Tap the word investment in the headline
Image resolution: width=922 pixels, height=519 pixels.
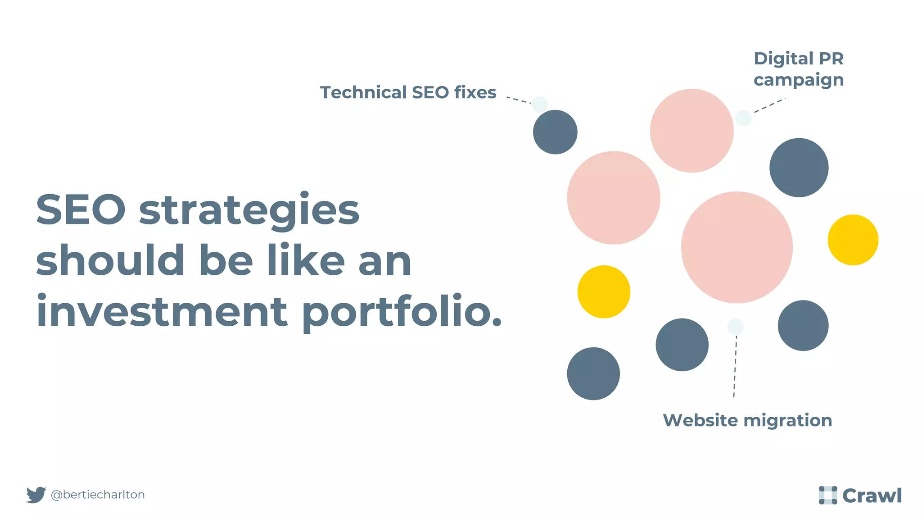tap(162, 312)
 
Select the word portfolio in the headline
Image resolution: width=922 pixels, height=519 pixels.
tap(402, 312)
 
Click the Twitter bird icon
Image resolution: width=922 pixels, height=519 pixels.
tap(36, 495)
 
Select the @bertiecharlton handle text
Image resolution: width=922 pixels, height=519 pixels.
tap(98, 495)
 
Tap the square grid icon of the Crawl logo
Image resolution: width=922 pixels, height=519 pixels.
tap(827, 495)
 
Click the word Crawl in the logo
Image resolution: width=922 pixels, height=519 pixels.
tap(872, 496)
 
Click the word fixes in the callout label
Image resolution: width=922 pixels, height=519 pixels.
tap(475, 92)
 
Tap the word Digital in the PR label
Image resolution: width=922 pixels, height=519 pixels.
tap(783, 59)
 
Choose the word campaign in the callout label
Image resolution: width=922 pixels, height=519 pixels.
tap(799, 80)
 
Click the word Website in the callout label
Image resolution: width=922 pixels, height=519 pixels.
tap(701, 420)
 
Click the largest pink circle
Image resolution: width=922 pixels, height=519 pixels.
tap(737, 247)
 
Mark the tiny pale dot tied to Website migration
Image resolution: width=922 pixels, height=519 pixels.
tap(735, 327)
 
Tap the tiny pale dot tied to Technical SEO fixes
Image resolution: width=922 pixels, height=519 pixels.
tap(539, 104)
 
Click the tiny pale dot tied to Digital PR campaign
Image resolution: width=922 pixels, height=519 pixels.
tap(743, 118)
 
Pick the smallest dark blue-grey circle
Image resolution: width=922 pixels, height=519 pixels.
tap(555, 132)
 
